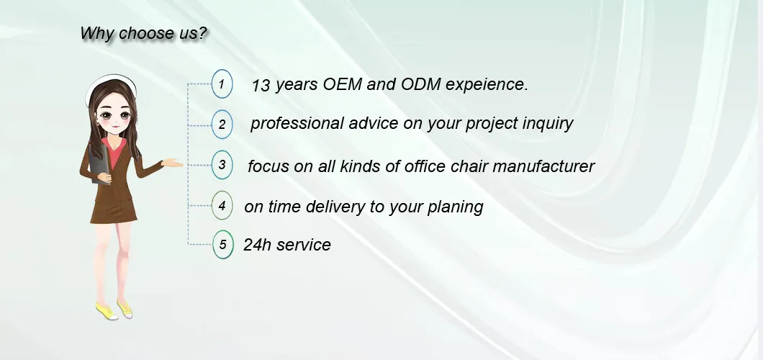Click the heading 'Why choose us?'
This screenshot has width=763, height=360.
144,34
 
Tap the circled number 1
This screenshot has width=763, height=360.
222,84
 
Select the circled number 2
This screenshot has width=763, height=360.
222,124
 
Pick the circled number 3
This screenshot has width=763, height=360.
222,164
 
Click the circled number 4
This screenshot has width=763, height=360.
222,205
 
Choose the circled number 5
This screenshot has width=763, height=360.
222,245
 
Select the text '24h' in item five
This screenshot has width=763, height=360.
257,246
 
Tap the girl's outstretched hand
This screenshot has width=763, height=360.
173,163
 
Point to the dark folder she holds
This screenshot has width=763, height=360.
99,166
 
